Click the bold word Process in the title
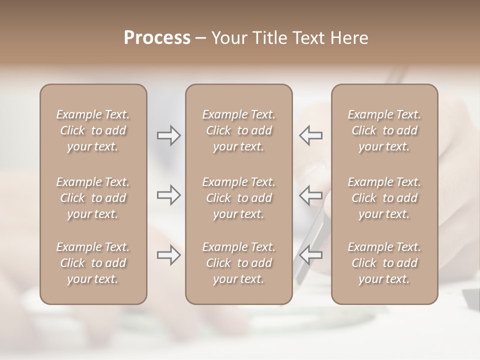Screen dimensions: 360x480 click(x=157, y=38)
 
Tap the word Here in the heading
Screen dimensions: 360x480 click(x=349, y=38)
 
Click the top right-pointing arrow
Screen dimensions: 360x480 click(x=169, y=135)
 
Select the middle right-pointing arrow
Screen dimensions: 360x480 click(x=169, y=195)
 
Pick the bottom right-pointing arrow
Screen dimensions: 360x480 click(x=169, y=255)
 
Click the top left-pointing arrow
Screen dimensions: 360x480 click(x=311, y=135)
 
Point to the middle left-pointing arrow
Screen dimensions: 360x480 click(x=311, y=195)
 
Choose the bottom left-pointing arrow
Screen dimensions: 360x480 click(x=311, y=255)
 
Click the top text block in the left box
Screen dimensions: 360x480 click(x=93, y=130)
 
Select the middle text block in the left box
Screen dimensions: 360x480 click(x=93, y=198)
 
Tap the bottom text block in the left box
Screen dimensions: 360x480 click(x=93, y=263)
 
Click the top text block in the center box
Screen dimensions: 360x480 click(x=238, y=130)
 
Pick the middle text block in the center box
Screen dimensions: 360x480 click(x=238, y=198)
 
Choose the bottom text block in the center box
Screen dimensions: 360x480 click(x=238, y=263)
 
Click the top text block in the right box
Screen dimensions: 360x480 click(x=384, y=130)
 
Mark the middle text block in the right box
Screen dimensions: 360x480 click(x=384, y=198)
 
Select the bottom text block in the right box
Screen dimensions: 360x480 click(x=384, y=263)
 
